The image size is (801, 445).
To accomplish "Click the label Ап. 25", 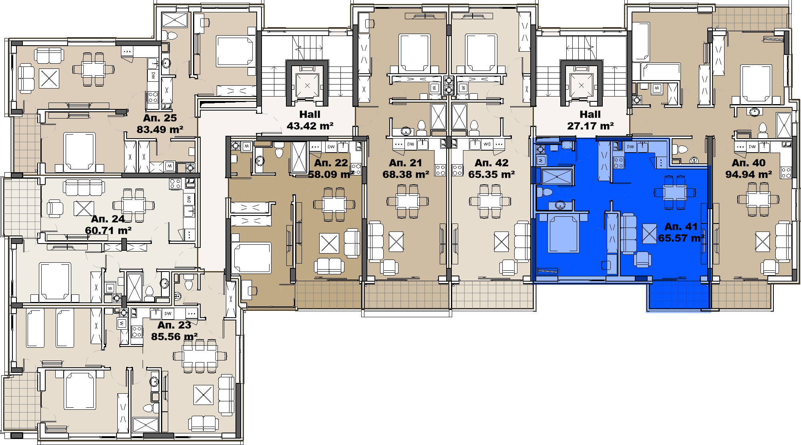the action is (x=160, y=118).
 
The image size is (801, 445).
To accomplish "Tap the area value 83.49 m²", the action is (x=160, y=130).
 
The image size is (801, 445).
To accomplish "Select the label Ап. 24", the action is (x=108, y=219).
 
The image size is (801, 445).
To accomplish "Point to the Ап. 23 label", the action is (x=174, y=325).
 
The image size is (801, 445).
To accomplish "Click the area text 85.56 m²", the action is (x=174, y=337).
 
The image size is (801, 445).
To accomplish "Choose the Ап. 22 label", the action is (x=331, y=163).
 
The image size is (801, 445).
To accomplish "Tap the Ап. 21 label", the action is (x=405, y=163).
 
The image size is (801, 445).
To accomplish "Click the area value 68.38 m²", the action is (x=406, y=175).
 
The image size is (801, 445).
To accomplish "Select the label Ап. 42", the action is (x=491, y=163).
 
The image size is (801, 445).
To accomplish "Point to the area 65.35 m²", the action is (x=491, y=175).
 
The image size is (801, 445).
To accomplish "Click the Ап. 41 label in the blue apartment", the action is (x=681, y=227).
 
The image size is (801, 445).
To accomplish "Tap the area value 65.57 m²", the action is (x=681, y=238).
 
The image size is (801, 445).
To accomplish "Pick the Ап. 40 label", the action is (x=749, y=163).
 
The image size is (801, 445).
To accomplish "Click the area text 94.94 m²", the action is (x=749, y=175).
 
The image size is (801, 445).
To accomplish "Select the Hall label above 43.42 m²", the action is (x=310, y=115).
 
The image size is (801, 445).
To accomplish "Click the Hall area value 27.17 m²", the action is (x=590, y=126).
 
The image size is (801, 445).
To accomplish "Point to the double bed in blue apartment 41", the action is (x=564, y=234).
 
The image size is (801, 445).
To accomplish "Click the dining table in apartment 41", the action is (x=674, y=192).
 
